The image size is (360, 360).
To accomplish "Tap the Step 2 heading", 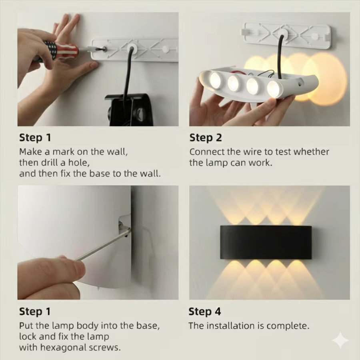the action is click(206, 138).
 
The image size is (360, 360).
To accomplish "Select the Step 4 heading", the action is click(205, 312).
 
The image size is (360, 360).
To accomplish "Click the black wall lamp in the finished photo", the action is click(266, 242).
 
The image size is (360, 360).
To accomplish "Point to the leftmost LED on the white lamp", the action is click(216, 80).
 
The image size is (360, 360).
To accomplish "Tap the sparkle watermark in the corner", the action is click(340, 341).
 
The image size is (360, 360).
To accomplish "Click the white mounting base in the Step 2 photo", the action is click(286, 35).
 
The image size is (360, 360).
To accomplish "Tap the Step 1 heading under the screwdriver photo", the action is click(35, 138).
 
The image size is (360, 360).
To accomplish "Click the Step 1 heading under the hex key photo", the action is click(35, 312).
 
